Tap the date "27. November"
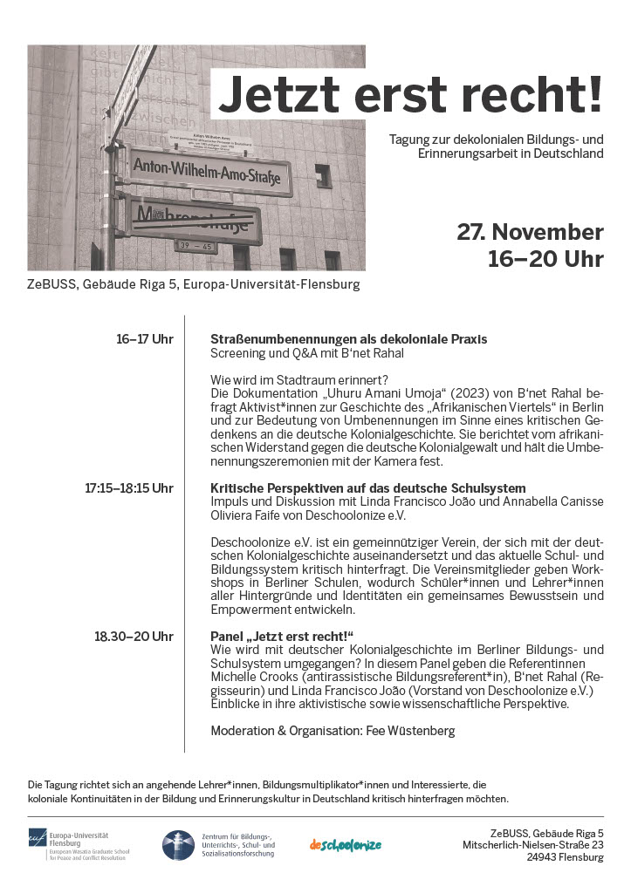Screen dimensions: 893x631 [x=530, y=233]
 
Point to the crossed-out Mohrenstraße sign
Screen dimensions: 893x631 [x=194, y=218]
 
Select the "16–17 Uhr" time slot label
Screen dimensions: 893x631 [x=145, y=339]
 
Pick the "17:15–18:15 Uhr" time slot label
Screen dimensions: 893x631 [x=129, y=488]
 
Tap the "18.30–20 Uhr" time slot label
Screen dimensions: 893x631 [x=134, y=637]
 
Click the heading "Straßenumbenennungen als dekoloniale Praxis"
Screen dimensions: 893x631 [x=349, y=339]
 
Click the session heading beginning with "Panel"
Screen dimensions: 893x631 [x=286, y=637]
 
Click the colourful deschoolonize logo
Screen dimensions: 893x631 [x=346, y=844]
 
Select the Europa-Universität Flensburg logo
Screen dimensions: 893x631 [x=79, y=844]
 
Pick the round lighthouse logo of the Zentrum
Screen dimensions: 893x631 [x=178, y=844]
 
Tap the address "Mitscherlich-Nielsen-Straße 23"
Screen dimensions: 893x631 [x=533, y=844]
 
